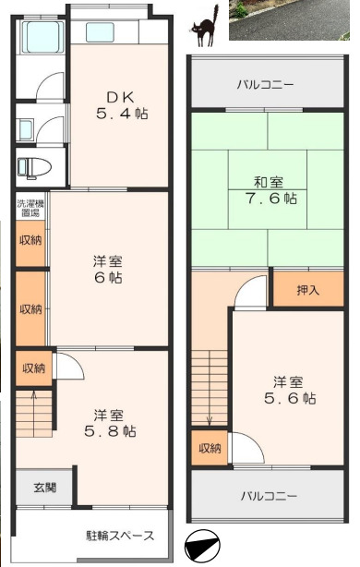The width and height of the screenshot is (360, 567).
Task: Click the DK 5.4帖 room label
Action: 122,105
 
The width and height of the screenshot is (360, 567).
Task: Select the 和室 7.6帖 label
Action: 271,190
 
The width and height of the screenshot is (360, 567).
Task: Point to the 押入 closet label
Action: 308,290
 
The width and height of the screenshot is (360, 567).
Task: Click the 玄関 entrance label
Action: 45,488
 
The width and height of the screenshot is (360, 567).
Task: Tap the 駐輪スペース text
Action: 120,536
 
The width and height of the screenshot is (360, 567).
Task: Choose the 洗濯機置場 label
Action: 30,209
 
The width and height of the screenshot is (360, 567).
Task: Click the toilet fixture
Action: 34,167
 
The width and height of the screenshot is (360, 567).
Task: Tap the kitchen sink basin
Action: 100,32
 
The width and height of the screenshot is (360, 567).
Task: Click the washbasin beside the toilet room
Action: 26,129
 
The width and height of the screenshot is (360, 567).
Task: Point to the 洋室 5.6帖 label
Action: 290,391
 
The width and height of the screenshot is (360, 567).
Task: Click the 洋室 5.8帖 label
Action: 110,423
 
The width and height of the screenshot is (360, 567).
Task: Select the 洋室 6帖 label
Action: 108,270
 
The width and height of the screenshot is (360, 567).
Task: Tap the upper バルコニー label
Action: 266,85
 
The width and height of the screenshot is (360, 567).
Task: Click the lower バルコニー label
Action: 270,496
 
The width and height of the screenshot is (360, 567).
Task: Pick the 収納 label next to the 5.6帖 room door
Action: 210,449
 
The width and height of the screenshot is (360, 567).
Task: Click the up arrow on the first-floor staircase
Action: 34,413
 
